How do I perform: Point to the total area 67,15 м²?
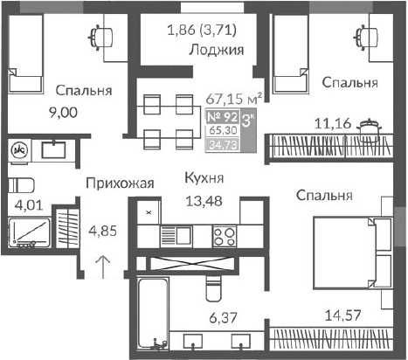coord(233,99)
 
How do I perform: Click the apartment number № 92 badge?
coord(225,115)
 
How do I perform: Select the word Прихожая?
coord(119,183)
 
